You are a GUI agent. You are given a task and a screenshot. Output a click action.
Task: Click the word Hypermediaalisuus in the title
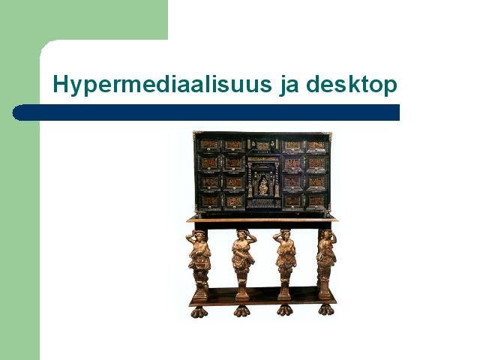162,85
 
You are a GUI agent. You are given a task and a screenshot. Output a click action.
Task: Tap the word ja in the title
289,85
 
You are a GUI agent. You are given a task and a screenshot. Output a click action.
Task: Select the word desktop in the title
352,84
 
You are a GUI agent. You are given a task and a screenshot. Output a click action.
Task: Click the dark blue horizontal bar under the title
205,112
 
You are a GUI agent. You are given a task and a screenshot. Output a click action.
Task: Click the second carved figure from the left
243,264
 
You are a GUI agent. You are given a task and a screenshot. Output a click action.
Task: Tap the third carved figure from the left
285,264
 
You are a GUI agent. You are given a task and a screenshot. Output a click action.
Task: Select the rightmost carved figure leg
326,264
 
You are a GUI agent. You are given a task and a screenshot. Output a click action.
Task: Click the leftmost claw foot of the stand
199,312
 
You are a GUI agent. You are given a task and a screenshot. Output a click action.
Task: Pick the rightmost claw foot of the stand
326,310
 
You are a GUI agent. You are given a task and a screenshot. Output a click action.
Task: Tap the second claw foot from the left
241,311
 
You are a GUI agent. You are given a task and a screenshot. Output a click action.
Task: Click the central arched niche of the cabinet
263,181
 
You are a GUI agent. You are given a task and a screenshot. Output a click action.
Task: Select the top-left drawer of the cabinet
209,145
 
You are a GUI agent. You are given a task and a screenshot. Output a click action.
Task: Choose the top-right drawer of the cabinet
316,146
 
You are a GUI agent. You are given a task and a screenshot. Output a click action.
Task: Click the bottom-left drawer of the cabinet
210,202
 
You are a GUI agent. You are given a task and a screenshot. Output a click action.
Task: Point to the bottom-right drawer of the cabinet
316,202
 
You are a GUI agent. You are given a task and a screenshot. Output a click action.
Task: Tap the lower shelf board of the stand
262,295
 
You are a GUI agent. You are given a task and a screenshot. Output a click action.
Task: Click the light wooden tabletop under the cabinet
262,219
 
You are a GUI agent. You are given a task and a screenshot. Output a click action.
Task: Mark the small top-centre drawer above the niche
262,145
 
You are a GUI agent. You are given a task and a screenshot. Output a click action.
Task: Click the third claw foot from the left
285,310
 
